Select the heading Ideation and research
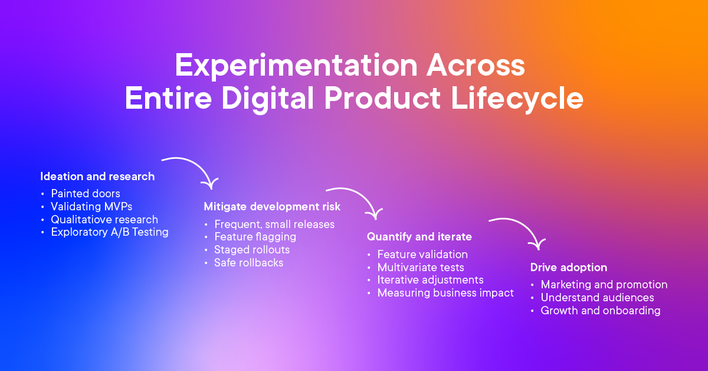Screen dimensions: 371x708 click(x=97, y=176)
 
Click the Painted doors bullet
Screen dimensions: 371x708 click(x=86, y=193)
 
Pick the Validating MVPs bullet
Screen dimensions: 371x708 click(x=91, y=206)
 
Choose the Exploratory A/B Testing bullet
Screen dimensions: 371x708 click(x=110, y=232)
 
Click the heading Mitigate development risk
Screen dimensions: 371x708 click(x=272, y=207)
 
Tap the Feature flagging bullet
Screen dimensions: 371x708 click(x=255, y=237)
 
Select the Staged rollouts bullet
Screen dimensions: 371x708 click(x=252, y=250)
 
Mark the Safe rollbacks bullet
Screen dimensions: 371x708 click(x=248, y=263)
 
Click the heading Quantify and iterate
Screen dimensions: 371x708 click(x=419, y=236)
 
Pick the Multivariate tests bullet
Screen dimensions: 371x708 click(x=421, y=267)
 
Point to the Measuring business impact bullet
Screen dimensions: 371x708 click(x=445, y=292)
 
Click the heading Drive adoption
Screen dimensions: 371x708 click(x=568, y=268)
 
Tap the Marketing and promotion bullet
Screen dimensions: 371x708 click(x=604, y=285)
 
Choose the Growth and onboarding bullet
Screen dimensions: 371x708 click(x=601, y=311)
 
